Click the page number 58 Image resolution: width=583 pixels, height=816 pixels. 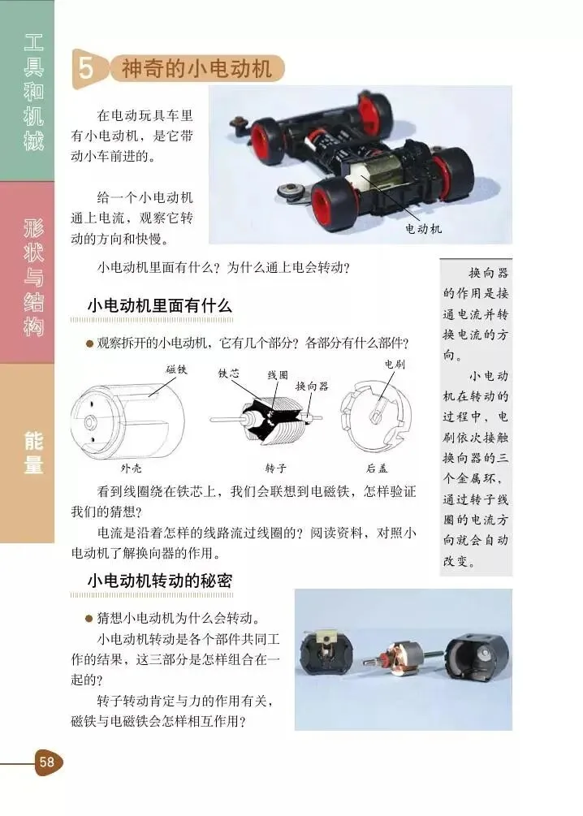pyautogui.click(x=46, y=762)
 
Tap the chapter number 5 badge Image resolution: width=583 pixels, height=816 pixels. pyautogui.click(x=86, y=68)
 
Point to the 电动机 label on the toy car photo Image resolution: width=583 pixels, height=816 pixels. pyautogui.click(x=424, y=228)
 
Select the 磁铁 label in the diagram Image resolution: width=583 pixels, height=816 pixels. pyautogui.click(x=176, y=369)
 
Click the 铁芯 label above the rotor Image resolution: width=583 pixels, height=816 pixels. pyautogui.click(x=228, y=373)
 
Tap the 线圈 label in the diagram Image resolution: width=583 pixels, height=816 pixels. pyautogui.click(x=278, y=375)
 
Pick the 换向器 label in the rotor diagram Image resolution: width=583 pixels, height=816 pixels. pyautogui.click(x=313, y=386)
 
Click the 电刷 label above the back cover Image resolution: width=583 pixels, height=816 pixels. pyautogui.click(x=395, y=365)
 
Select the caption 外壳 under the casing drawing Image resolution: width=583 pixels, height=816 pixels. pyautogui.click(x=132, y=468)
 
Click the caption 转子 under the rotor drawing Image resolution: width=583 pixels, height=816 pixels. pyautogui.click(x=276, y=468)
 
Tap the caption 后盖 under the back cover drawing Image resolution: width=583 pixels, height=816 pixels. pyautogui.click(x=377, y=468)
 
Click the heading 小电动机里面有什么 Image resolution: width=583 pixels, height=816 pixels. pyautogui.click(x=159, y=305)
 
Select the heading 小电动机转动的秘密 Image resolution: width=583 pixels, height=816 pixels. pyautogui.click(x=159, y=581)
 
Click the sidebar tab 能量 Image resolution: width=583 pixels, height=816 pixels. pyautogui.click(x=33, y=452)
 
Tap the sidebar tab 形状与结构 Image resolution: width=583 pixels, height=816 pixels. pyautogui.click(x=33, y=278)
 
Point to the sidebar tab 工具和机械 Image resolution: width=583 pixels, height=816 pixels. pyautogui.click(x=33, y=93)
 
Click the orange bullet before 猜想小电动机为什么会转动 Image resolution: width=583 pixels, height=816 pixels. pyautogui.click(x=89, y=619)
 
